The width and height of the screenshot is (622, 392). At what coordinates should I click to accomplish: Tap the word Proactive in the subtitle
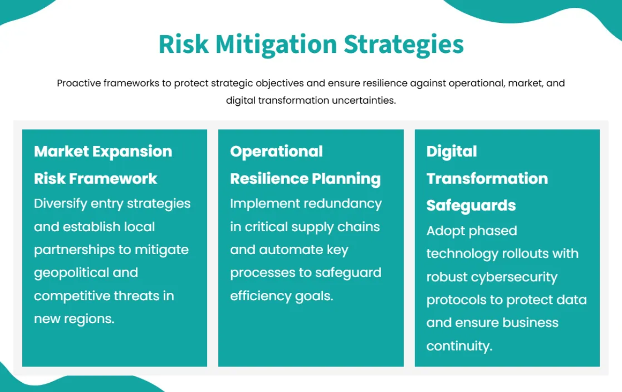pyautogui.click(x=79, y=83)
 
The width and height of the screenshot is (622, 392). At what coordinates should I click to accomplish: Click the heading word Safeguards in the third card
pyautogui.click(x=471, y=205)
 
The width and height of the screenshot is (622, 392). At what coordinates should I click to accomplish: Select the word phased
pyautogui.click(x=493, y=230)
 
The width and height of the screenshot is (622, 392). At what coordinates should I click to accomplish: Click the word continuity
pyautogui.click(x=459, y=346)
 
